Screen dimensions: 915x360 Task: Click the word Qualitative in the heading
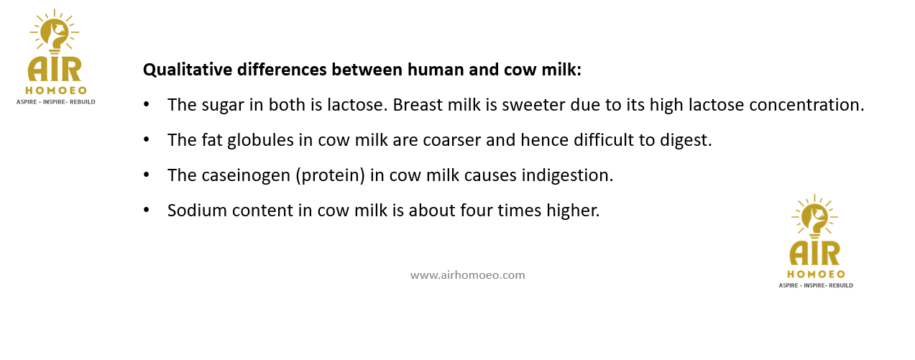[188, 70]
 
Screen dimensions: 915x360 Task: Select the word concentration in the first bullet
[806, 105]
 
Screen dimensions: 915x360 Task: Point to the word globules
[260, 140]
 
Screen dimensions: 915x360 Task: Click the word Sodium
[197, 211]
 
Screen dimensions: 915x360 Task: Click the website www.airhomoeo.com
[468, 275]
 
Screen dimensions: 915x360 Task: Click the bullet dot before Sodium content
[146, 211]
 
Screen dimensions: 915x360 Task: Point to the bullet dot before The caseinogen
[146, 175]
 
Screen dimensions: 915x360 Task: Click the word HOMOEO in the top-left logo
[56, 91]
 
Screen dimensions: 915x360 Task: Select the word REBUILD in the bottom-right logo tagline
[841, 285]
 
